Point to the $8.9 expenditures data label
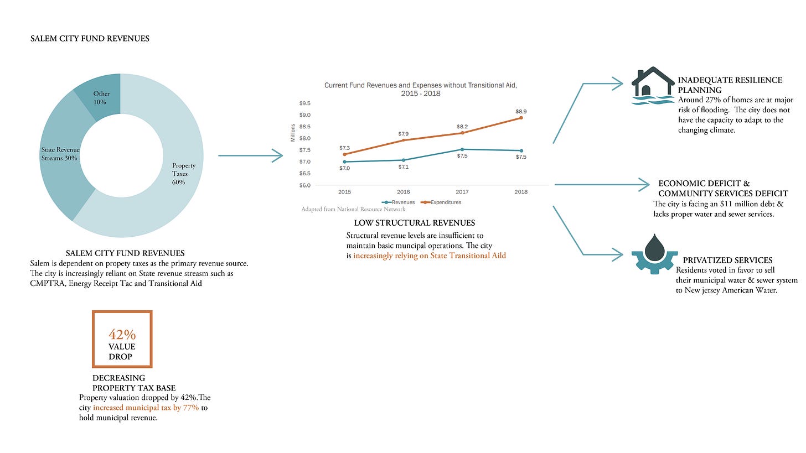click(521, 111)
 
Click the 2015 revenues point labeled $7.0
click(345, 162)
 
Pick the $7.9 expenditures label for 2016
click(404, 134)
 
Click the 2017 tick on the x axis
click(462, 192)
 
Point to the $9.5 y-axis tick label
click(304, 103)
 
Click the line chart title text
click(420, 90)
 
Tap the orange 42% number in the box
click(122, 335)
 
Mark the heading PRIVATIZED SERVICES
click(727, 260)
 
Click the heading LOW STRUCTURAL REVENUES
click(414, 223)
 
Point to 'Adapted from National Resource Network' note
click(353, 209)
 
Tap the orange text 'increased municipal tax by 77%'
click(146, 408)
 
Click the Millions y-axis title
click(293, 133)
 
